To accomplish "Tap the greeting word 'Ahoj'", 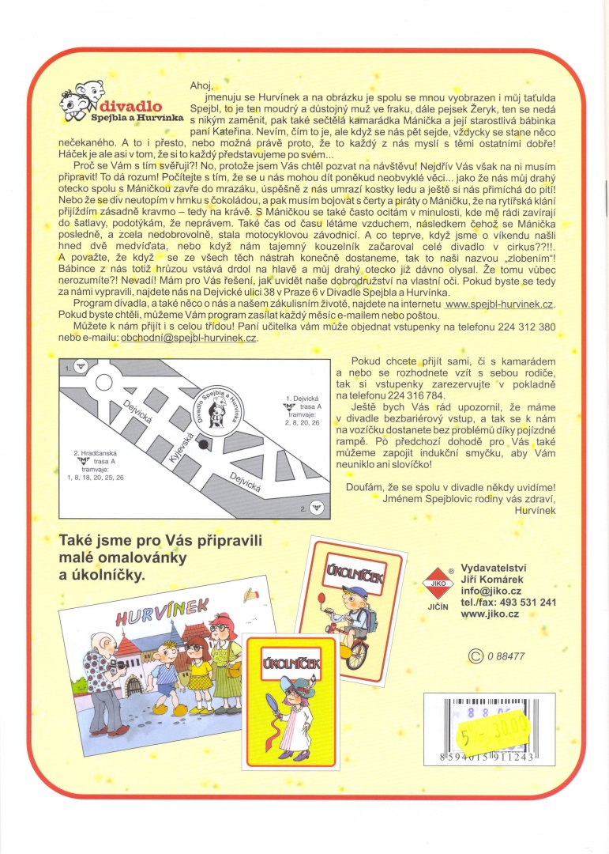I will pos(202,84).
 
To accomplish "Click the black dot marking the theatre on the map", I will pos(205,445).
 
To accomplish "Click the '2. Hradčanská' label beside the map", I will pos(99,456).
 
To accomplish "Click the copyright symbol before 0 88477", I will pos(476,655).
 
